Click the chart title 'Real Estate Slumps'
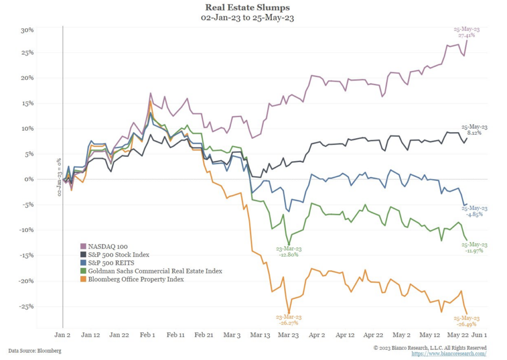pos(248,7)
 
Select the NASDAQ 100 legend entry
pos(104,247)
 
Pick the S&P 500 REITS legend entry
pos(107,263)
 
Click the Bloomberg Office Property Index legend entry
pos(132,279)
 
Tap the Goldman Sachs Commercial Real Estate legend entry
pos(151,271)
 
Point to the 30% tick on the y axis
pos(27,30)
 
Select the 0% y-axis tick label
pos(29,179)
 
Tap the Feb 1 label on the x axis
pos(148,335)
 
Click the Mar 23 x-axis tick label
pos(289,335)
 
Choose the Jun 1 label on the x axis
pos(479,335)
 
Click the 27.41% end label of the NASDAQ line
pos(466,35)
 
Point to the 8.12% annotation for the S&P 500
pos(474,133)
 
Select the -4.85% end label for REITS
pos(474,214)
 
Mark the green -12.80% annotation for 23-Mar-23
pos(289,255)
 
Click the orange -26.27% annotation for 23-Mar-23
pos(289,323)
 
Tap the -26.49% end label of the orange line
pos(466,324)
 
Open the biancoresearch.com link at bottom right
pos(449,354)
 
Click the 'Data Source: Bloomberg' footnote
pos(35,351)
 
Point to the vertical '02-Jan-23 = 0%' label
pos(59,177)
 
